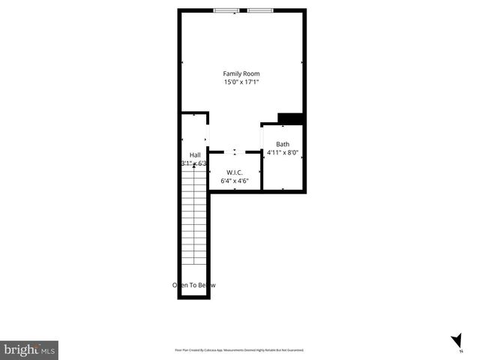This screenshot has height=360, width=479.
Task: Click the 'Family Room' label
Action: pyautogui.click(x=241, y=73)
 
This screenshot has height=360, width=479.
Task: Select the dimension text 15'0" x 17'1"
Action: pyautogui.click(x=241, y=82)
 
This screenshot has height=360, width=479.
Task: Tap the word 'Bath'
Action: pyautogui.click(x=283, y=144)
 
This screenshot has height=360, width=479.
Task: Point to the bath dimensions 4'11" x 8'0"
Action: pyautogui.click(x=283, y=152)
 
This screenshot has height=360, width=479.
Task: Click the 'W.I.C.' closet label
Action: pyautogui.click(x=235, y=172)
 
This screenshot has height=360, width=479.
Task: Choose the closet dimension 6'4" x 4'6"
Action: pyautogui.click(x=235, y=181)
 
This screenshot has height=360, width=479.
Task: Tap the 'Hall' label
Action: pyautogui.click(x=194, y=155)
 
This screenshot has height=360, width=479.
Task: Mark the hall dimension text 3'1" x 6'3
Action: pyautogui.click(x=194, y=163)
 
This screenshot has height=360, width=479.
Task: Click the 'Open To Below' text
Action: pyautogui.click(x=194, y=285)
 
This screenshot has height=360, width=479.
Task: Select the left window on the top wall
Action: pyautogui.click(x=226, y=10)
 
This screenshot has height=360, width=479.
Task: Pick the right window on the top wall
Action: pyautogui.click(x=260, y=10)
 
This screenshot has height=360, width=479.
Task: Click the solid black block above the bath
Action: pyautogui.click(x=289, y=118)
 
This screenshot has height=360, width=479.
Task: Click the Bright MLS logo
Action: pyautogui.click(x=29, y=349)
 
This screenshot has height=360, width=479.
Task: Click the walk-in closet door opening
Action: pyautogui.click(x=235, y=152)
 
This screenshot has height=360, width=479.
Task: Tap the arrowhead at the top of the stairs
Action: pyautogui.click(x=193, y=169)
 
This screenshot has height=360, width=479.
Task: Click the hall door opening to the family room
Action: pyautogui.click(x=208, y=132)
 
